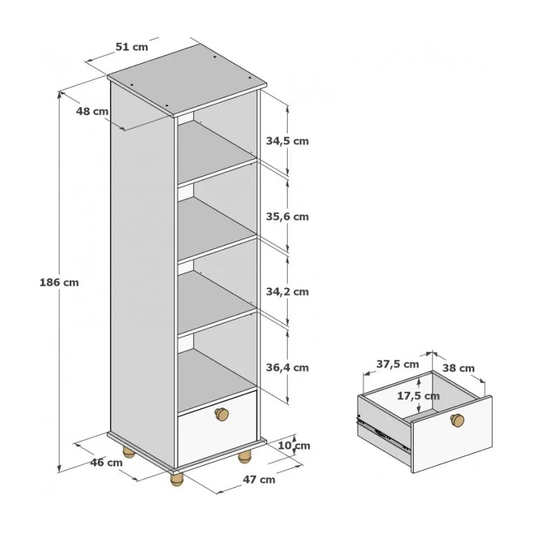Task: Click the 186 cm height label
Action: coord(59,282)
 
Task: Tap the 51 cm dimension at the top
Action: coord(132,47)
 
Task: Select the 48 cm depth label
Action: coord(92,111)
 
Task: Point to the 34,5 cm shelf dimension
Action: coord(287,141)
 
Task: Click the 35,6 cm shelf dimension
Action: coord(287,217)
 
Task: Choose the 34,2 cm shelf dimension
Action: coord(287,292)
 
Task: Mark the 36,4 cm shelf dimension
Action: coord(287,368)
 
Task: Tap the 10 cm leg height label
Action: coord(294,446)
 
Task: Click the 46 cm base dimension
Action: coord(107,462)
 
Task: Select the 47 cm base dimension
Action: coord(259,480)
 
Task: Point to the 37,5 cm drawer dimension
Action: coord(397,364)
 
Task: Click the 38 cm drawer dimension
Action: coord(458,368)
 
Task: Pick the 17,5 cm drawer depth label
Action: coord(418,396)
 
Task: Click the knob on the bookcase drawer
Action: coord(222,414)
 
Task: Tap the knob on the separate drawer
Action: coord(457,420)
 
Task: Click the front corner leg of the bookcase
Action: coord(177,479)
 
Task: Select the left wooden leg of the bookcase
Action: coord(129,452)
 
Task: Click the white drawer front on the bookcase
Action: coord(217,429)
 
